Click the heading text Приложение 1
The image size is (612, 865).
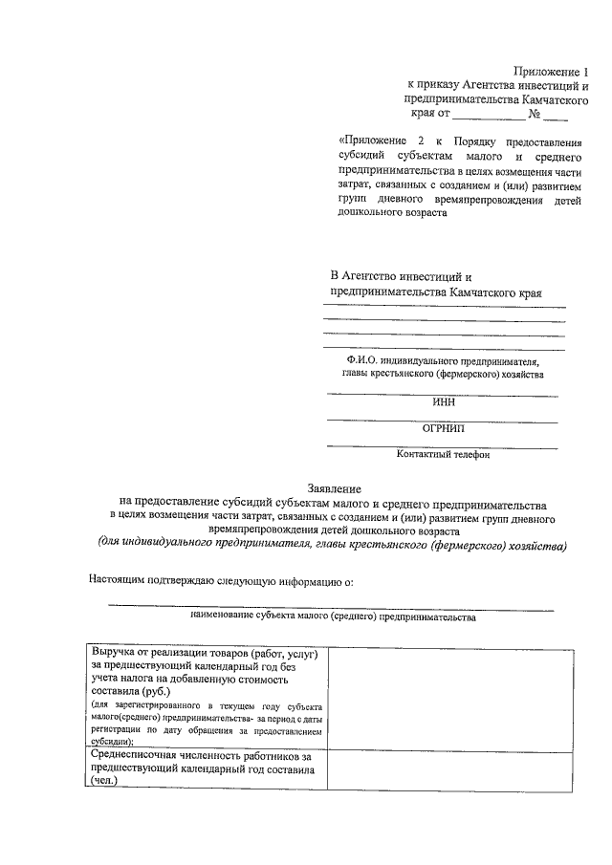547,71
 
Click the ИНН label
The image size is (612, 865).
444,402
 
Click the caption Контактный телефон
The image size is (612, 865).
444,455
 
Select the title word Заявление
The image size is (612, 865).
329,488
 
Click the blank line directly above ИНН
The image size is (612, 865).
444,393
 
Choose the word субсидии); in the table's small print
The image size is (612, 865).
113,741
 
